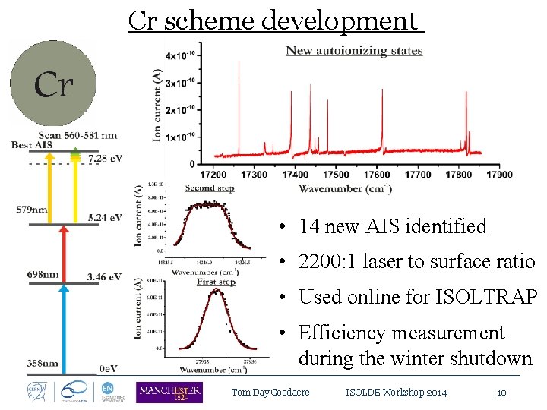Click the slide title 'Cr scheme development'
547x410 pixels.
tap(276, 20)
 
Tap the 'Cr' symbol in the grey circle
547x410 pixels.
tap(53, 84)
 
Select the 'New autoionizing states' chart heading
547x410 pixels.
tap(354, 51)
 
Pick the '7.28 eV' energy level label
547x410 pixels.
tap(105, 158)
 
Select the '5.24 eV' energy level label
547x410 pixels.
tap(105, 217)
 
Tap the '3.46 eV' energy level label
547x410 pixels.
tap(105, 279)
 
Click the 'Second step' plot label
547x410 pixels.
tap(209, 188)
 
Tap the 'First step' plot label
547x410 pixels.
tap(216, 282)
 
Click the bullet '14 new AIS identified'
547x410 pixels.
tap(392, 226)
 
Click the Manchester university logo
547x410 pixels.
tap(169, 392)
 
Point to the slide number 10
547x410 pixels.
tap(501, 393)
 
